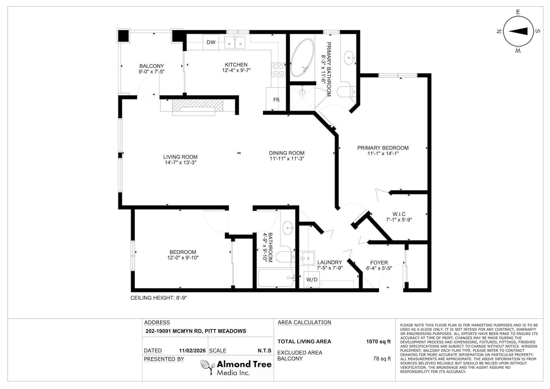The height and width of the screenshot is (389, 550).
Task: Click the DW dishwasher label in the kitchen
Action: pyautogui.click(x=211, y=42)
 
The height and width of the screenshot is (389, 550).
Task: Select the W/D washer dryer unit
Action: pyautogui.click(x=312, y=279)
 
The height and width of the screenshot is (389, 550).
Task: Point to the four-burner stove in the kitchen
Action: pyautogui.click(x=278, y=70)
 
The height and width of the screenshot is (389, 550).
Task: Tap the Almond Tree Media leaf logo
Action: pyautogui.click(x=208, y=368)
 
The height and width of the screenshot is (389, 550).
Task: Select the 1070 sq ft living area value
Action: pyautogui.click(x=378, y=341)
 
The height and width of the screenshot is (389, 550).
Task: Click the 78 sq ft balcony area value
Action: pyautogui.click(x=382, y=359)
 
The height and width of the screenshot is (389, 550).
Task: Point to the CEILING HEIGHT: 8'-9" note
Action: pyautogui.click(x=159, y=298)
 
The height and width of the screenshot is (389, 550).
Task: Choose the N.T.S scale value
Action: pyautogui.click(x=264, y=351)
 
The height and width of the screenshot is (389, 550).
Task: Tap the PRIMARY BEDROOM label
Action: pyautogui.click(x=383, y=148)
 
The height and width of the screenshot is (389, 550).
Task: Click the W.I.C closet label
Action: pyautogui.click(x=399, y=214)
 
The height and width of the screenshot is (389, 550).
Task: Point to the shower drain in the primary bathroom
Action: pyautogui.click(x=302, y=92)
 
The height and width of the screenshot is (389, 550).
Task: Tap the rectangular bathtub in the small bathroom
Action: pyautogui.click(x=276, y=278)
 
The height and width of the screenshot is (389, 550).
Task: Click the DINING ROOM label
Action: pyautogui.click(x=286, y=153)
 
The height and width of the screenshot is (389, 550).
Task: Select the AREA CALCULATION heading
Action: pyautogui.click(x=304, y=323)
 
